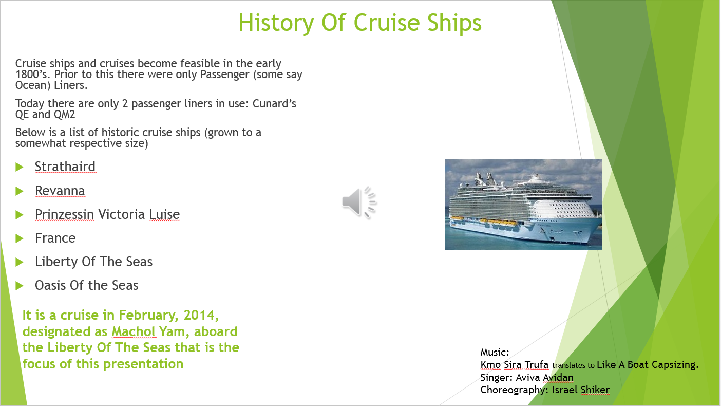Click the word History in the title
pos(276,23)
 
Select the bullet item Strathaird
pos(65,167)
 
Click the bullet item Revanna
pos(60,191)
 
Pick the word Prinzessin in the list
pos(64,215)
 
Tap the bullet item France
pos(55,238)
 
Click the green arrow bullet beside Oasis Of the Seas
pos(20,286)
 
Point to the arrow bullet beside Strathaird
pos(20,167)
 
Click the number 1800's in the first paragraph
pos(32,75)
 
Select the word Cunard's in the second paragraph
pos(274,104)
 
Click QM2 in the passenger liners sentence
pos(64,115)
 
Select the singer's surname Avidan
pos(558,377)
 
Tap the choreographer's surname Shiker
pos(595,390)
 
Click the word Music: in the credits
pos(495,352)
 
